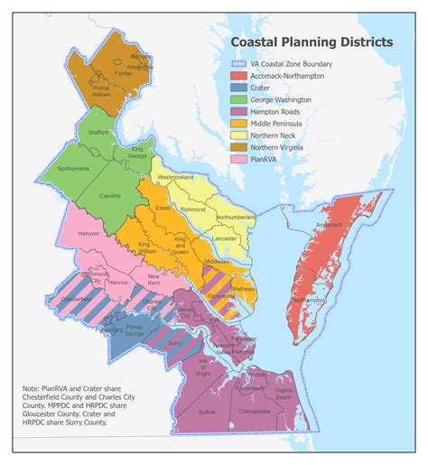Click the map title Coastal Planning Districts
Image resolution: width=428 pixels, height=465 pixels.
point(311,42)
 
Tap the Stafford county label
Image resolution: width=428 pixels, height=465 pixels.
point(99,132)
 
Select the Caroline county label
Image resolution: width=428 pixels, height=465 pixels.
point(110,195)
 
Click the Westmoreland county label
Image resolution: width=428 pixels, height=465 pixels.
point(176,177)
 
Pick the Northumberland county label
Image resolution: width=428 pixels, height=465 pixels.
point(237,218)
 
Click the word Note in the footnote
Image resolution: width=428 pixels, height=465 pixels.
point(33,388)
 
